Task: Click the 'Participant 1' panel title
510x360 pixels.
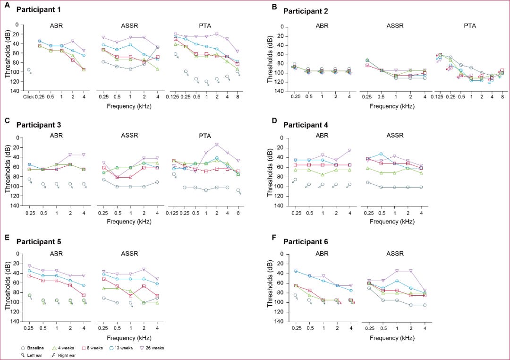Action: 38,9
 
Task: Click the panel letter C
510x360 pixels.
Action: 7,120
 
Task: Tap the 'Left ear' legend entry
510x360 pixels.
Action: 31,354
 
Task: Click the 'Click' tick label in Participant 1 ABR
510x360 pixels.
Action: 29,97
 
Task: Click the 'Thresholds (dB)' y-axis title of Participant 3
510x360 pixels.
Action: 8,172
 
